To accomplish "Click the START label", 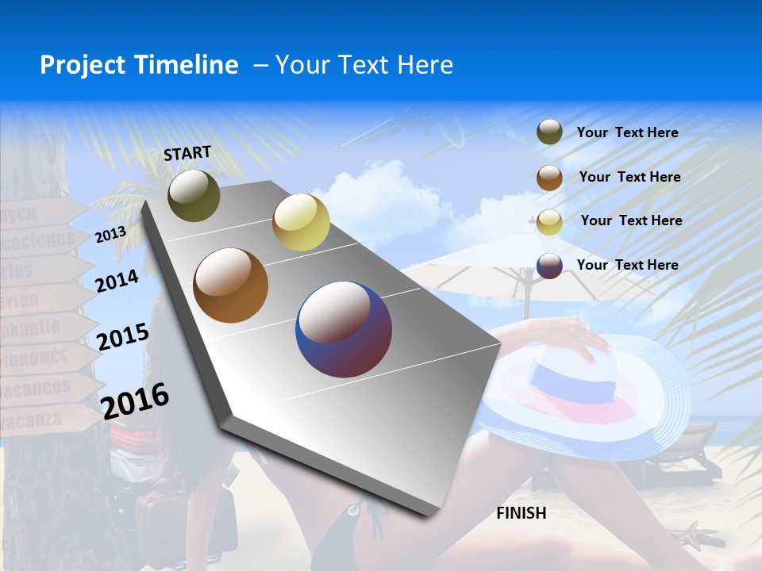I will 187,153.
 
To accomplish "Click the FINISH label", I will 521,513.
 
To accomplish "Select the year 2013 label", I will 110,235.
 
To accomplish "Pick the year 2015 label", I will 122,336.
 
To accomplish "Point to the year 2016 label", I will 135,400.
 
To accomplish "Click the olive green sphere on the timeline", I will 194,195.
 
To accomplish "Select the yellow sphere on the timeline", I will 301,222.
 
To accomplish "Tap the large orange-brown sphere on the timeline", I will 231,285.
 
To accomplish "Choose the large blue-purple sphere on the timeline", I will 344,329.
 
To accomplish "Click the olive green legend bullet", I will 549,132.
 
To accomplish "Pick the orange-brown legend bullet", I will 549,178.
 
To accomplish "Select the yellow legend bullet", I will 549,222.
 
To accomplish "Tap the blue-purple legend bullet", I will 549,266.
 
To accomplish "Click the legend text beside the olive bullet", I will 627,132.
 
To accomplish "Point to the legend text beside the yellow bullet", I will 631,220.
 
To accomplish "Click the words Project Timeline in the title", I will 139,65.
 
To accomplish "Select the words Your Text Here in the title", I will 364,65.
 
